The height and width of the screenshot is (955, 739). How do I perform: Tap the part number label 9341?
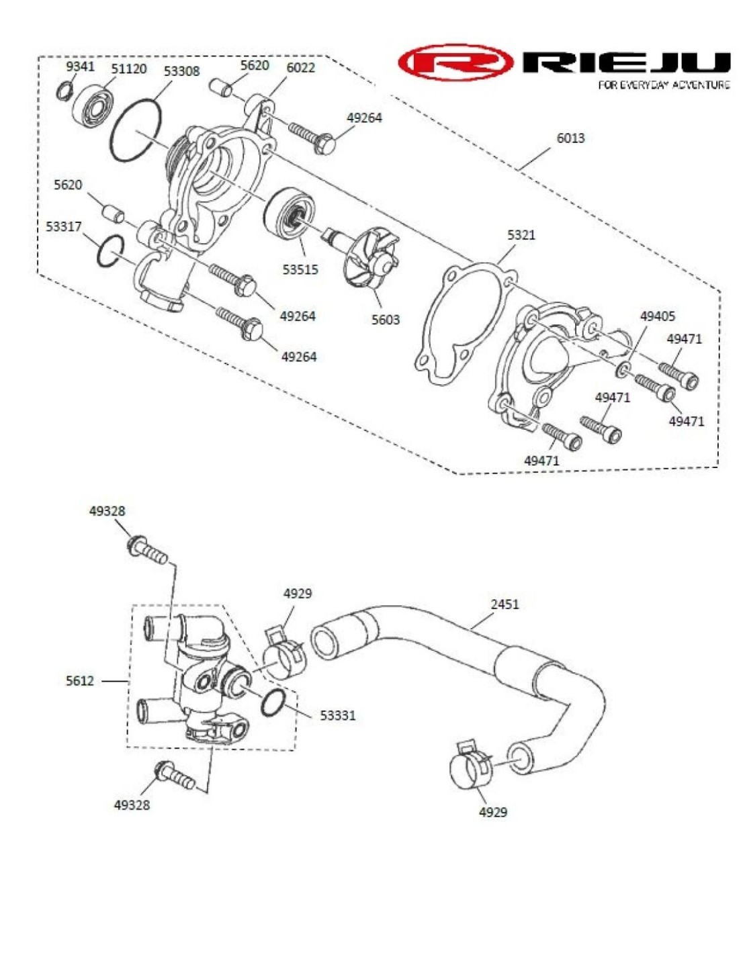point(80,66)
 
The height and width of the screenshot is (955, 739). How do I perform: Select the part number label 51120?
point(128,69)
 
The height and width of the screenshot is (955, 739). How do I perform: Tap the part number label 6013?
point(570,138)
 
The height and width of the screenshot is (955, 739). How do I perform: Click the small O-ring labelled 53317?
point(110,251)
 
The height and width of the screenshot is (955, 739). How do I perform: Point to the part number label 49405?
point(657,316)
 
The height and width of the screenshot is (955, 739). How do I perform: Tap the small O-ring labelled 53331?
point(273,702)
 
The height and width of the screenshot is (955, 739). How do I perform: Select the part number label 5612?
point(80,681)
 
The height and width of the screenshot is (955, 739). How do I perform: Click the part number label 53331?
point(337,716)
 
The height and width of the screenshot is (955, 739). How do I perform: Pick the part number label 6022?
point(300,68)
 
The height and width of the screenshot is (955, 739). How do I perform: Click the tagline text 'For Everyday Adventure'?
point(663,85)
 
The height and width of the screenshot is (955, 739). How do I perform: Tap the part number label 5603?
point(386,320)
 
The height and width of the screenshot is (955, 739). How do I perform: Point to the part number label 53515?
point(300,269)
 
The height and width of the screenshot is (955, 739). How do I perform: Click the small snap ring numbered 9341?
point(65,90)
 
